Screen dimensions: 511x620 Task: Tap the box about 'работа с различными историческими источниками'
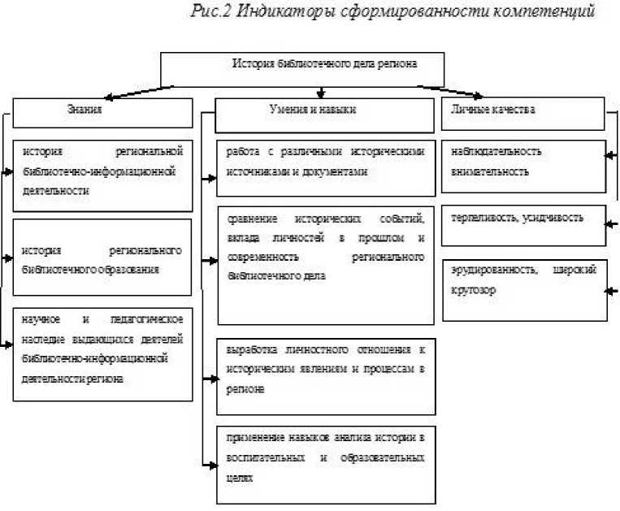325,167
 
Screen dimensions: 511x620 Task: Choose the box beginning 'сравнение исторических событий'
325,264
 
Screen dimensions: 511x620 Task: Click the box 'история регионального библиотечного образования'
102,258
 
